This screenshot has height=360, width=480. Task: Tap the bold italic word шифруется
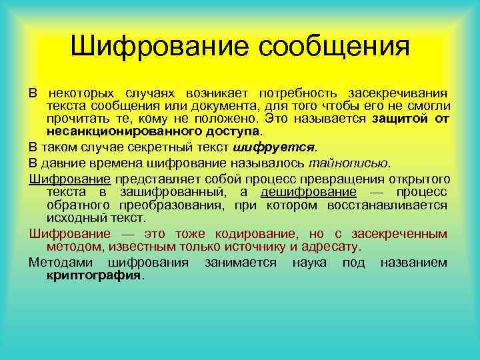click(x=272, y=147)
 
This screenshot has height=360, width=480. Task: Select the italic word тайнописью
click(x=349, y=163)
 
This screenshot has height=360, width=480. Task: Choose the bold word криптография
click(x=94, y=275)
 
